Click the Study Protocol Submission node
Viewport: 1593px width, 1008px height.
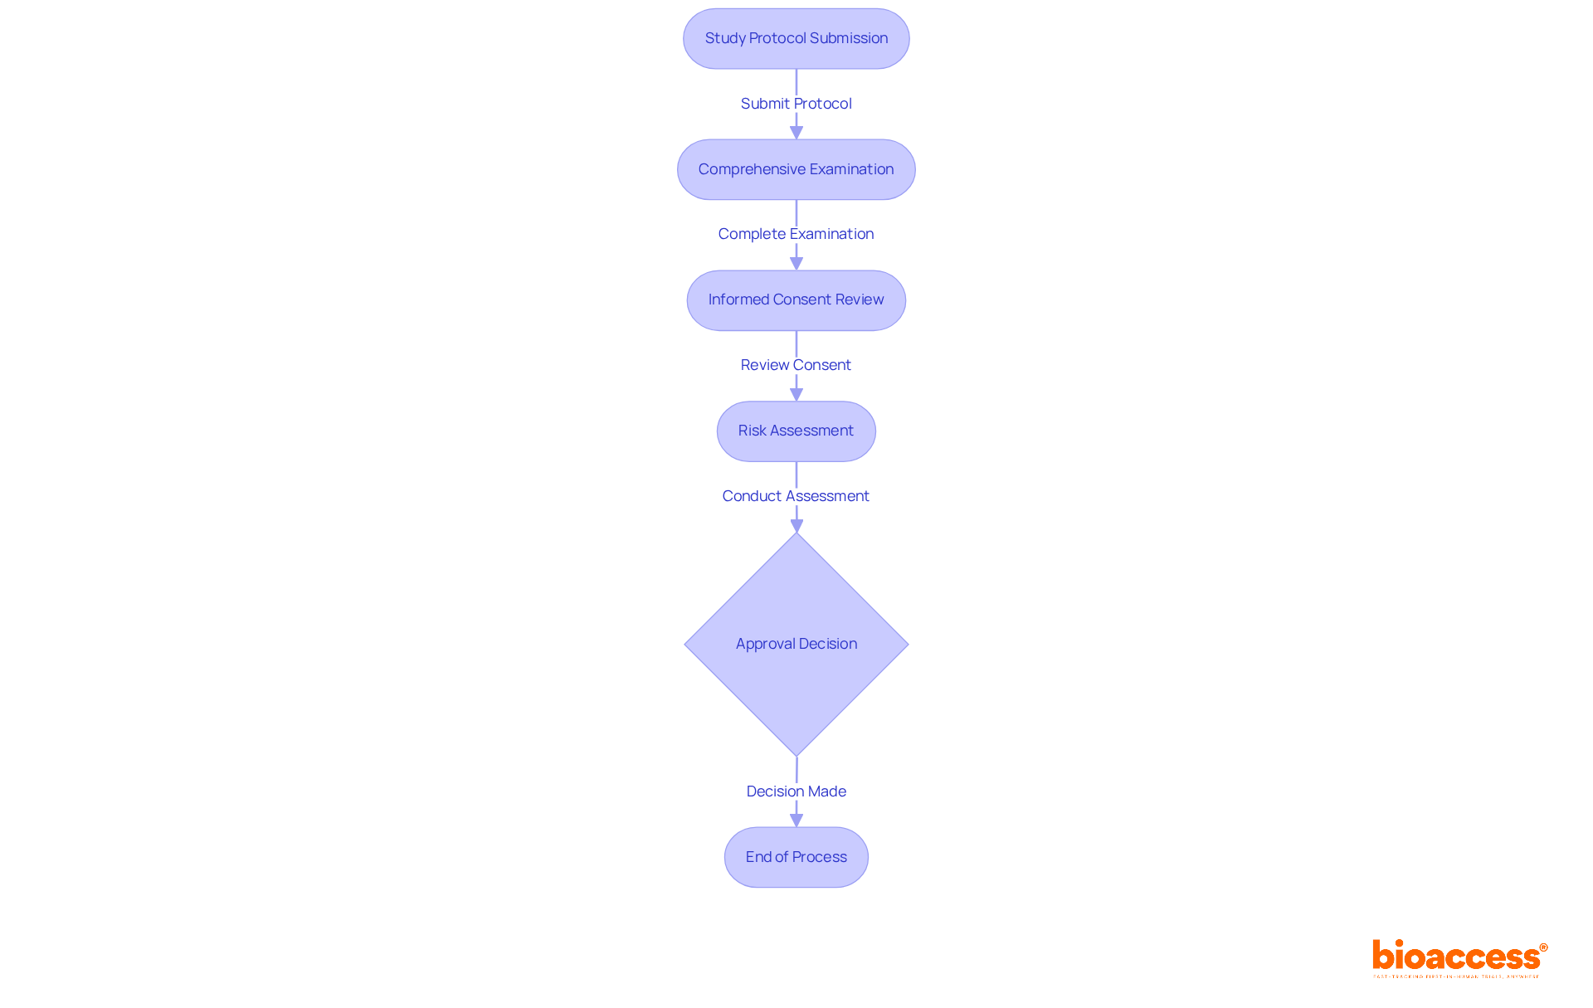click(796, 39)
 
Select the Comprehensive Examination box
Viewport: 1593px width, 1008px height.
click(796, 169)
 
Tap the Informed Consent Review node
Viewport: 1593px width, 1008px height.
click(796, 300)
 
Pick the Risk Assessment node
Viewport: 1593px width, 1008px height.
click(796, 431)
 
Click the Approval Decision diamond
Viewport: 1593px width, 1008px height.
click(796, 644)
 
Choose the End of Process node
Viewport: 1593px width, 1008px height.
click(796, 857)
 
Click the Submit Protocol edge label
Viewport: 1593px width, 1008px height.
click(796, 104)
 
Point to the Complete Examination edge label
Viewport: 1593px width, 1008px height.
click(796, 234)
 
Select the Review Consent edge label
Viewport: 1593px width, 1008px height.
click(796, 365)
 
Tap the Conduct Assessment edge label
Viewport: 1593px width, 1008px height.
click(796, 496)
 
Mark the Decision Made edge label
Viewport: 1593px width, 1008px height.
click(796, 791)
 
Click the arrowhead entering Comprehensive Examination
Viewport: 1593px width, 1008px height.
click(796, 133)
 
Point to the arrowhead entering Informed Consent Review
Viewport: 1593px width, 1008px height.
click(796, 264)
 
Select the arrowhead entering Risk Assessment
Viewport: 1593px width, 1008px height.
click(796, 395)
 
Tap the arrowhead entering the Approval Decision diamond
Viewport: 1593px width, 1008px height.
click(796, 526)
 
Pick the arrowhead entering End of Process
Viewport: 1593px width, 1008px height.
click(796, 821)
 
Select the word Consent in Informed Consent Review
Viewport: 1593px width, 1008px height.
click(802, 299)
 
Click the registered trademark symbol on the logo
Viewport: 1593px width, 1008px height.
click(1543, 947)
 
